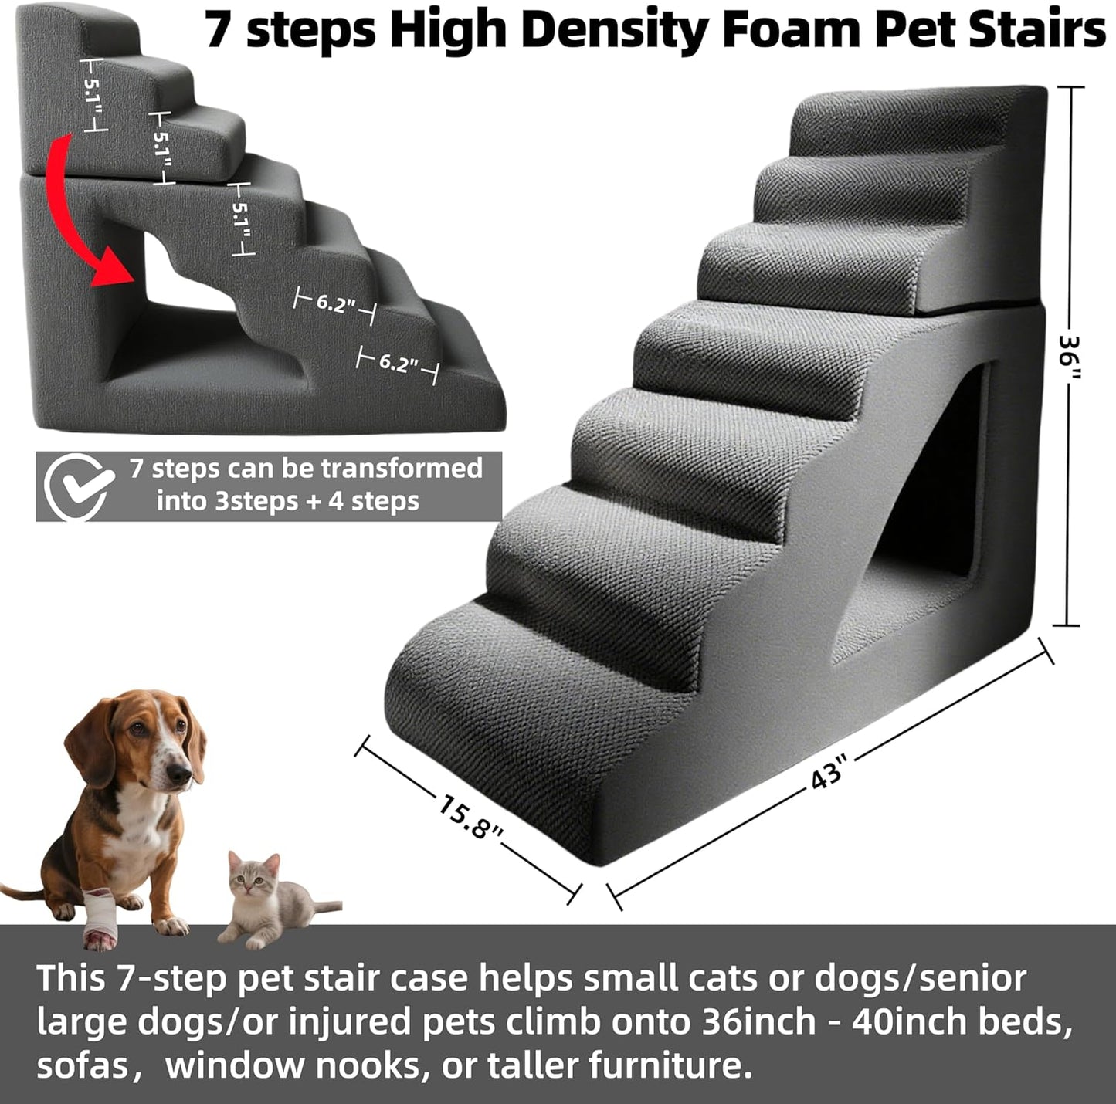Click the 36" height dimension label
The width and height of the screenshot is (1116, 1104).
point(1070,357)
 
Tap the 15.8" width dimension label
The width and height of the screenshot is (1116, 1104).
point(470,819)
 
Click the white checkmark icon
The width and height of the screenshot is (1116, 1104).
point(75,486)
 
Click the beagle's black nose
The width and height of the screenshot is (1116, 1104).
point(181,774)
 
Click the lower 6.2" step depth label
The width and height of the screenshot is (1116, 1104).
point(398,363)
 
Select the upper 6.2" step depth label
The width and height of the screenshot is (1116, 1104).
point(335,303)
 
